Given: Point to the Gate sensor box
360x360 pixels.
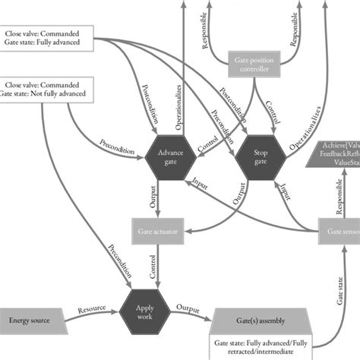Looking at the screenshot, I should [338, 230].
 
